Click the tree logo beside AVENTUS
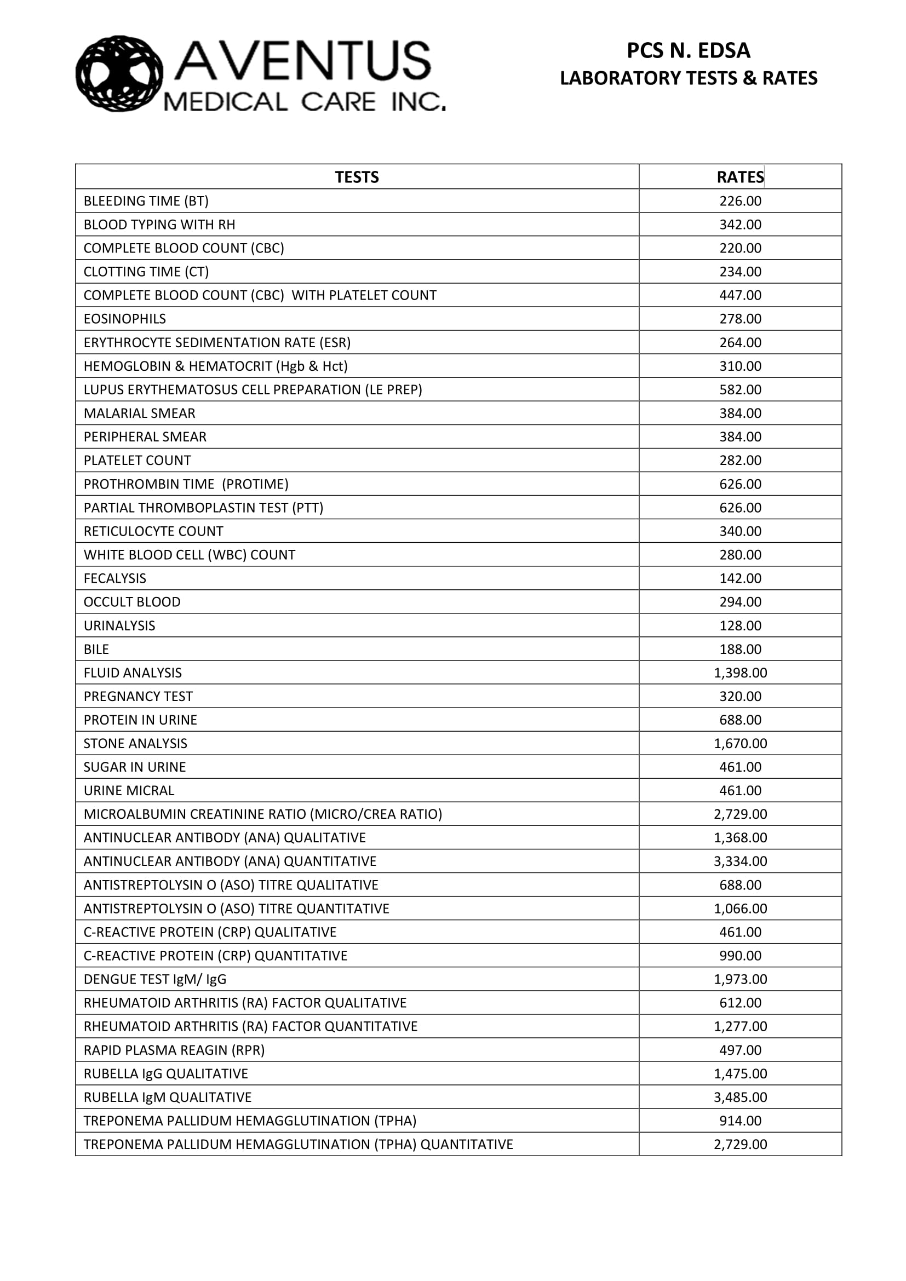click(119, 73)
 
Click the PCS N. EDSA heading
click(688, 51)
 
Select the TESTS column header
click(357, 177)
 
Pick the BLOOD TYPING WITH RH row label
click(159, 225)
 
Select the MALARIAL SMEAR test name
click(140, 413)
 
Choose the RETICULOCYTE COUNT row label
click(153, 531)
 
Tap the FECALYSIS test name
click(115, 578)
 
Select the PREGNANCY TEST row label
click(139, 696)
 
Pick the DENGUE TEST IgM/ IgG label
click(155, 979)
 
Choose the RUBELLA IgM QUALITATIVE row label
click(168, 1097)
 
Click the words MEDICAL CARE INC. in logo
click(305, 102)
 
